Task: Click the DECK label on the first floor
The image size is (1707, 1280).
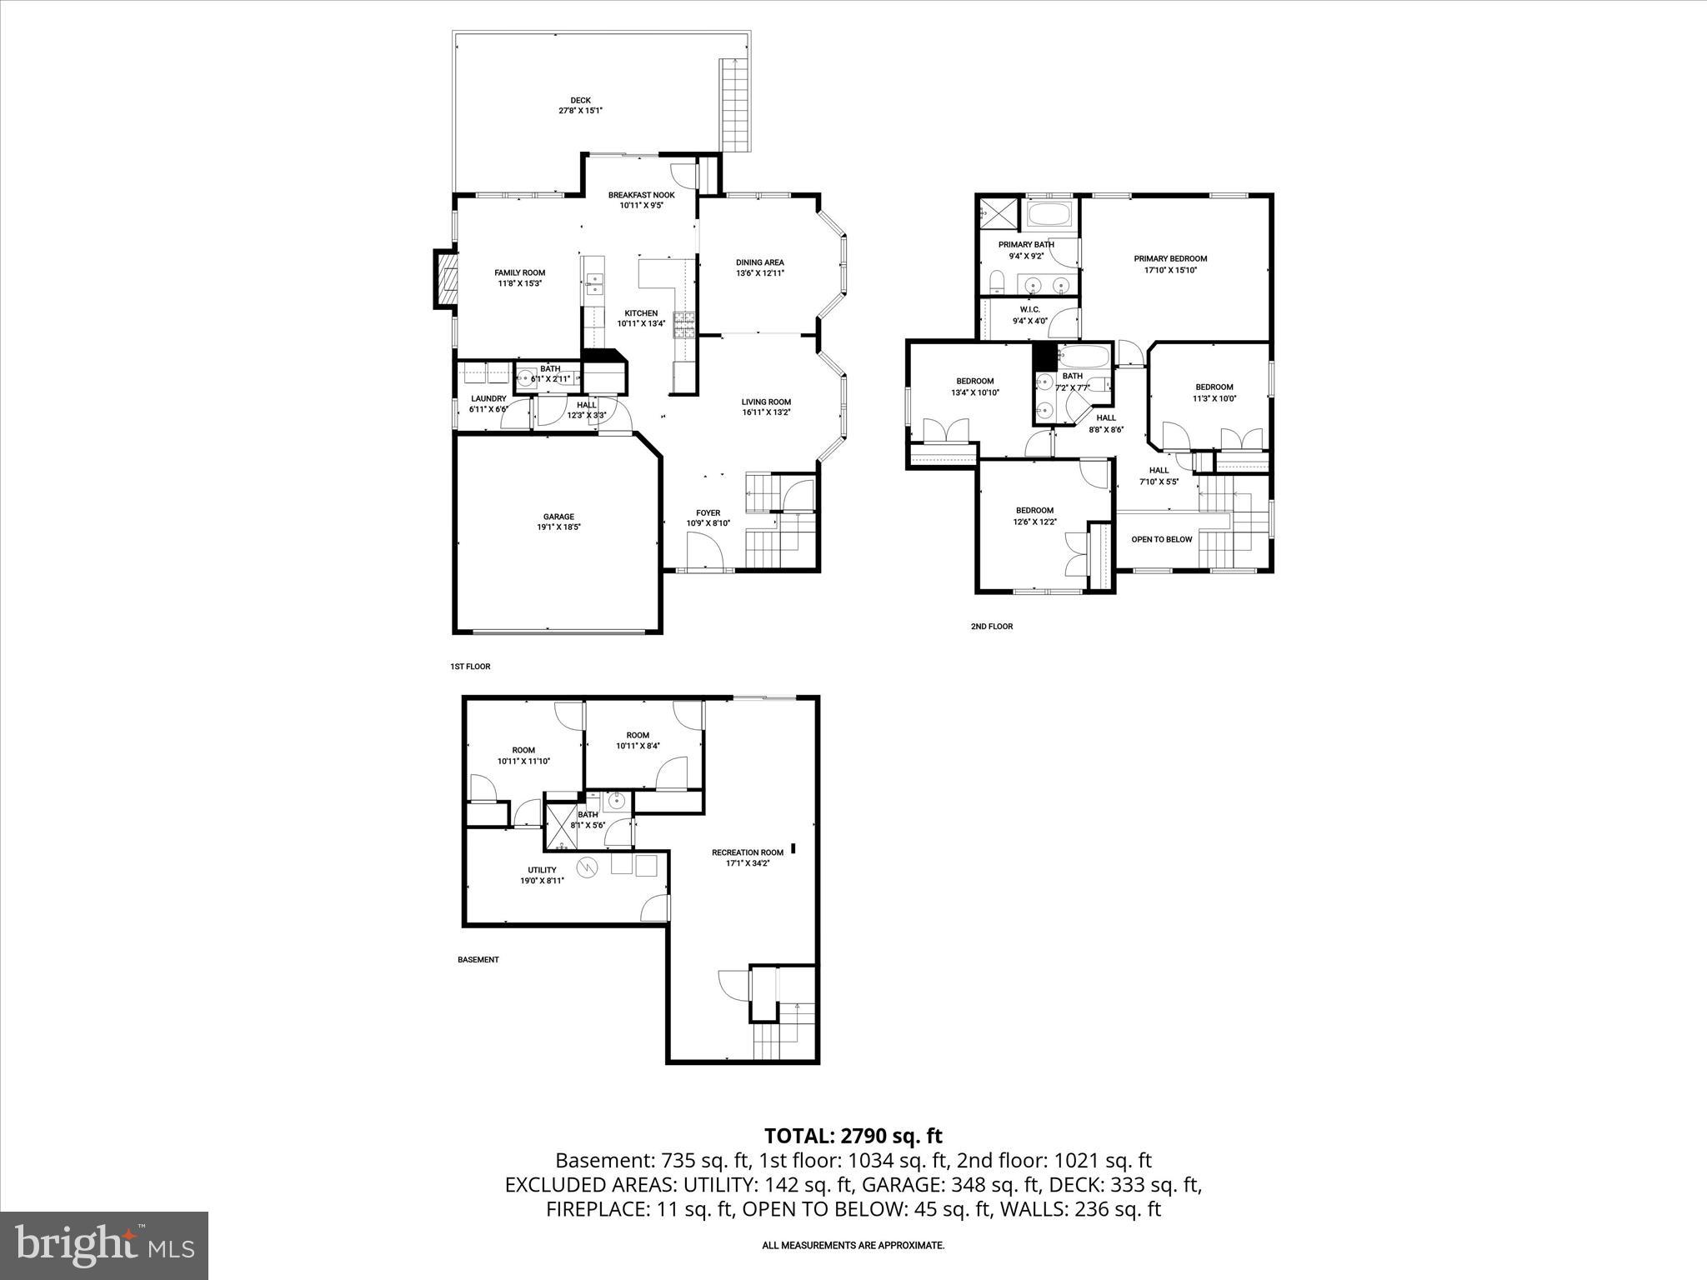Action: click(x=580, y=100)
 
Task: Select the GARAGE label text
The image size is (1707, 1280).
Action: click(x=558, y=517)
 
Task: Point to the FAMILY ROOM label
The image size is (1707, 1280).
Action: click(x=519, y=272)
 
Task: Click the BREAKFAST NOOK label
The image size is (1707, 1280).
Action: click(x=641, y=195)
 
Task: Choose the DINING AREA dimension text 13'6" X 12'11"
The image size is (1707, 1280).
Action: click(x=759, y=273)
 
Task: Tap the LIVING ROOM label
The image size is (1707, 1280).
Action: click(x=766, y=402)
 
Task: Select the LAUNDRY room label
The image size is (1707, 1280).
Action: click(x=488, y=399)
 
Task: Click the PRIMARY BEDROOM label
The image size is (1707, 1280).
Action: click(x=1170, y=258)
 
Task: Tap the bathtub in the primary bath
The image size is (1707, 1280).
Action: click(x=1052, y=214)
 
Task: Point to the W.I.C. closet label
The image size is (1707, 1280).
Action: click(x=1029, y=309)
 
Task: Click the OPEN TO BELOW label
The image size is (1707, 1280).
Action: click(x=1161, y=539)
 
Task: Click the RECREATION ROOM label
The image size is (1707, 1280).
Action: click(x=747, y=852)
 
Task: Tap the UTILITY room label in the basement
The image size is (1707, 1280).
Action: click(x=542, y=870)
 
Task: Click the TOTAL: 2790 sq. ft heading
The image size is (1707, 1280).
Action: click(x=853, y=1136)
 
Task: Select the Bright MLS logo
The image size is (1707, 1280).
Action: click(x=104, y=1245)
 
